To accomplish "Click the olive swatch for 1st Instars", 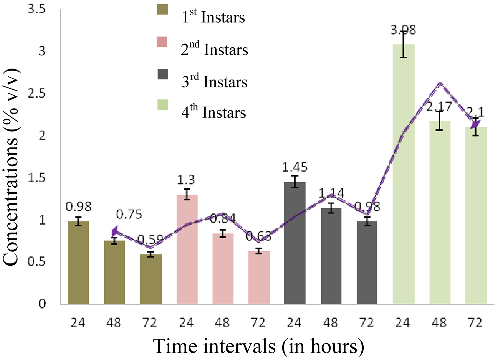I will pyautogui.click(x=162, y=9).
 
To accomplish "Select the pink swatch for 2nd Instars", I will pyautogui.click(x=162, y=42).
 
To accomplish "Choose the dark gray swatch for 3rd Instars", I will pyautogui.click(x=163, y=74).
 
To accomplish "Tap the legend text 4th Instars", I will pyautogui.click(x=214, y=112).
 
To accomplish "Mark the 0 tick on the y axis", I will pyautogui.click(x=42, y=304).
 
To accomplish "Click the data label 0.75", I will pyautogui.click(x=129, y=214).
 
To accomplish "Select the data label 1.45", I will pyautogui.click(x=295, y=167).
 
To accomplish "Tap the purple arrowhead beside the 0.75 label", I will pyautogui.click(x=115, y=231).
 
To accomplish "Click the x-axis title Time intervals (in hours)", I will pyautogui.click(x=258, y=346).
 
